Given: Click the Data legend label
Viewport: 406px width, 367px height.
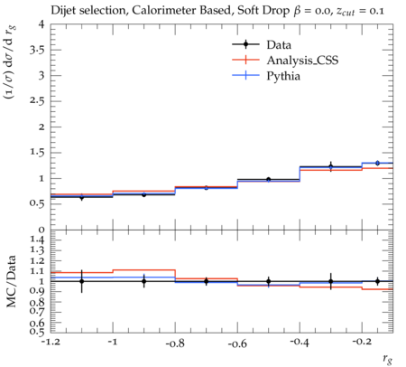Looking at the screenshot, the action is (x=279, y=45).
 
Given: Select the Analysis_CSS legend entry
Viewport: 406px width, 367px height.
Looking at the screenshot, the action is (x=302, y=61).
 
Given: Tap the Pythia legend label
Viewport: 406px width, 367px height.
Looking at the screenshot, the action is (x=283, y=76).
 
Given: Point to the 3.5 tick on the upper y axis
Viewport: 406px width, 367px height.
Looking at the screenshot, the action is (x=37, y=50).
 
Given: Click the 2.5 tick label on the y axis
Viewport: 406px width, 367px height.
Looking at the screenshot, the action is (x=37, y=101).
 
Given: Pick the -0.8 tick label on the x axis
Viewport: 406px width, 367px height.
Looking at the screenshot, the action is (x=175, y=343).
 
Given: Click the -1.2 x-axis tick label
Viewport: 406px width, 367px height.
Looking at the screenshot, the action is (x=51, y=343).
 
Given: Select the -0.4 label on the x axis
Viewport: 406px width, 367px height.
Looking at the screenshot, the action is (x=300, y=343).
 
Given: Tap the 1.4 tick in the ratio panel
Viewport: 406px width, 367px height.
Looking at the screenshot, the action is (x=37, y=240).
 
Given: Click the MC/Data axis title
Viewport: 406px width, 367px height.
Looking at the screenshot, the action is (x=11, y=281).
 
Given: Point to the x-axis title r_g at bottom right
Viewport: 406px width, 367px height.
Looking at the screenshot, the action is (x=388, y=359).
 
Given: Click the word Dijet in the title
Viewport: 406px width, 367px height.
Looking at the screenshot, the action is (x=62, y=11).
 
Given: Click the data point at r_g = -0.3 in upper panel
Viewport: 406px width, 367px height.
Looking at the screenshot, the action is (x=331, y=166).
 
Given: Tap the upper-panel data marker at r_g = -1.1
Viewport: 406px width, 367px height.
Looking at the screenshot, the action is (x=81, y=197).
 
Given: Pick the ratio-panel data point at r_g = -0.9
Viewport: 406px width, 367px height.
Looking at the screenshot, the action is (x=144, y=281).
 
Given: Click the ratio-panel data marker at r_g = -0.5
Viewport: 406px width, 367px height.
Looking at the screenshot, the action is (x=269, y=281).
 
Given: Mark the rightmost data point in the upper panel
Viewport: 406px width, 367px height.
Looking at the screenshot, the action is (x=377, y=163).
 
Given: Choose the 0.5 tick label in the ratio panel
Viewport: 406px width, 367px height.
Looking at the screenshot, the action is (x=37, y=332).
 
